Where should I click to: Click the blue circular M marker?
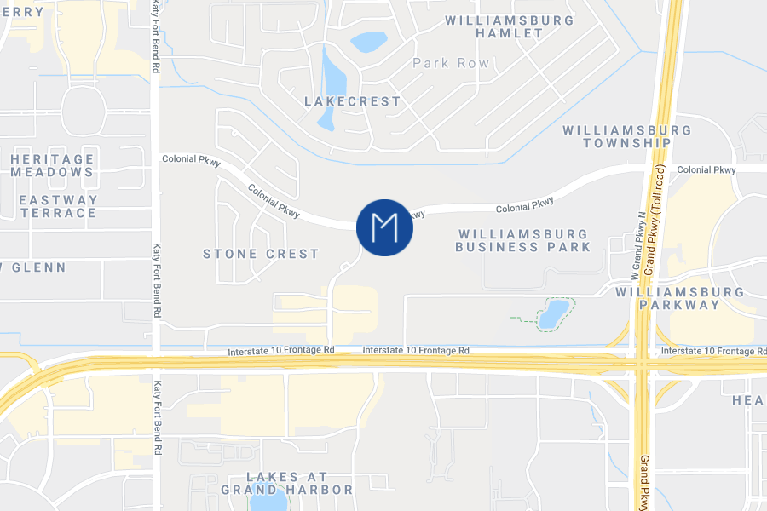point(384,227)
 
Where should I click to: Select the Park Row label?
point(451,63)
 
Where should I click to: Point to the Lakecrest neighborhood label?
point(352,101)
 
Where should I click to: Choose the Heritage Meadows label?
point(52,165)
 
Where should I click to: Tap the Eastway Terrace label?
point(58,206)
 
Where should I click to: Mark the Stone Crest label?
point(261,254)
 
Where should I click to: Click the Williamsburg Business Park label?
point(522,240)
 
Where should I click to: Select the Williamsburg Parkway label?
point(680,298)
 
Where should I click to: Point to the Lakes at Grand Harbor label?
point(286,483)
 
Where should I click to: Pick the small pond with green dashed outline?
point(553,313)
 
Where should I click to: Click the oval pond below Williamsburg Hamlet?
point(369,42)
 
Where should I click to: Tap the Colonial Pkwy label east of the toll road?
point(706,170)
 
